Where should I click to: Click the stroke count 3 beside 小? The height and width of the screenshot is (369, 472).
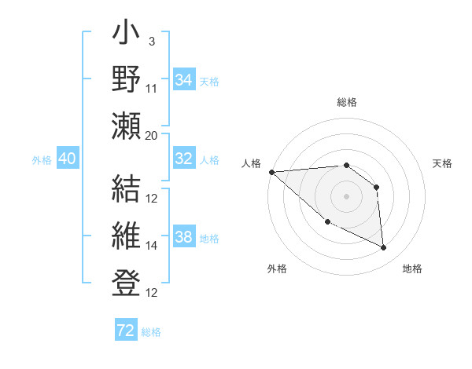point(151,41)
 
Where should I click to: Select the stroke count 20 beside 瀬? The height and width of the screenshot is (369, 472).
point(152,135)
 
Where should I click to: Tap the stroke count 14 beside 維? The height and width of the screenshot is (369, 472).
point(152,246)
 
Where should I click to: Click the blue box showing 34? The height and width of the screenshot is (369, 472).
point(183,80)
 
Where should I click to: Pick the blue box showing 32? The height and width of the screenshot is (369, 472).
point(183,159)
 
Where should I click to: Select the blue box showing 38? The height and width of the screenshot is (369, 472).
point(183,238)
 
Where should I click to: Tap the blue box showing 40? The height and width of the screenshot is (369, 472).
point(67,159)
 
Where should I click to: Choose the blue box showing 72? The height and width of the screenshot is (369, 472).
point(126,331)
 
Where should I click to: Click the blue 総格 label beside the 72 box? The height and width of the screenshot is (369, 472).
point(151,332)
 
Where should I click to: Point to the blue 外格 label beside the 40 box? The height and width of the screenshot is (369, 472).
point(42,160)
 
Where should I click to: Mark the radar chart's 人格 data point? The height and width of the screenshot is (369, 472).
point(271,172)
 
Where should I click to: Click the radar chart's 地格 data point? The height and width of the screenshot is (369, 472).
point(383,247)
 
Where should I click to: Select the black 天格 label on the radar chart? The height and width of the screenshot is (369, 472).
point(443,163)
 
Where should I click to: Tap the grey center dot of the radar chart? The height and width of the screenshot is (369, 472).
point(346,195)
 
